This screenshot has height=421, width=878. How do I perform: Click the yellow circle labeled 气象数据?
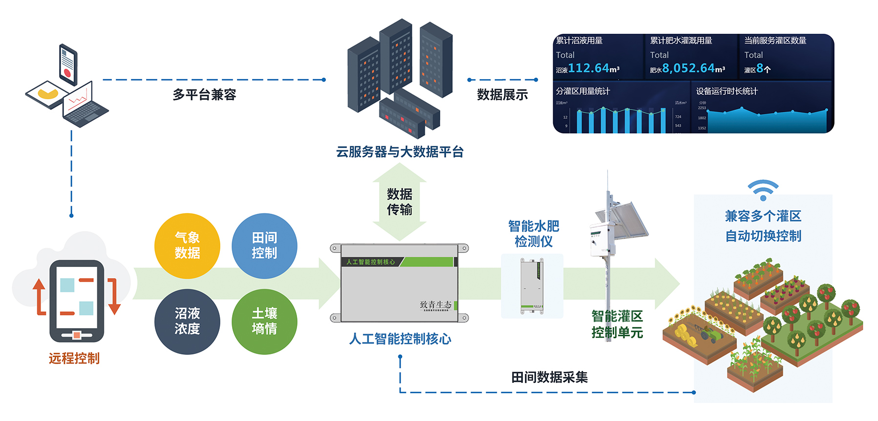(x=187, y=245)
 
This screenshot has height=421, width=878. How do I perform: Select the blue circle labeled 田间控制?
(x=264, y=245)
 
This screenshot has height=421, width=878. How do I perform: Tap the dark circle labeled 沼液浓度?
(x=187, y=321)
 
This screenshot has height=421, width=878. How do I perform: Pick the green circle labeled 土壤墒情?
(x=264, y=321)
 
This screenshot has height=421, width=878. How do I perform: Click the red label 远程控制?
(x=74, y=358)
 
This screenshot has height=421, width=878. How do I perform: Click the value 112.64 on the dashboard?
(x=588, y=68)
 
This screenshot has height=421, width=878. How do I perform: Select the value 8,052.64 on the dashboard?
(x=688, y=68)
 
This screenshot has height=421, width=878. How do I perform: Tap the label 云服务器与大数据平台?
(x=400, y=152)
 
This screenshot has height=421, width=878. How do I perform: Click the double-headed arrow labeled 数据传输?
(x=400, y=202)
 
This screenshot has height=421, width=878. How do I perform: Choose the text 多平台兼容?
(x=204, y=95)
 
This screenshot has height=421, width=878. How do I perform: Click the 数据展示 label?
(x=502, y=95)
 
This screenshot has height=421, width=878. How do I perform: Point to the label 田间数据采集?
(x=549, y=377)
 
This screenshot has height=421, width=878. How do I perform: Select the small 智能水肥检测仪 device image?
(x=532, y=287)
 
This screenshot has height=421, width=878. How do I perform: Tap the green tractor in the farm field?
(x=709, y=334)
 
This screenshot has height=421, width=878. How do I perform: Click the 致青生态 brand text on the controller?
(x=435, y=305)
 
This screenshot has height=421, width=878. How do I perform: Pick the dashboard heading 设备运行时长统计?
(x=727, y=91)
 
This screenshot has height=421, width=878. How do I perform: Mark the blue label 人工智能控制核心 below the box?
(x=400, y=339)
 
